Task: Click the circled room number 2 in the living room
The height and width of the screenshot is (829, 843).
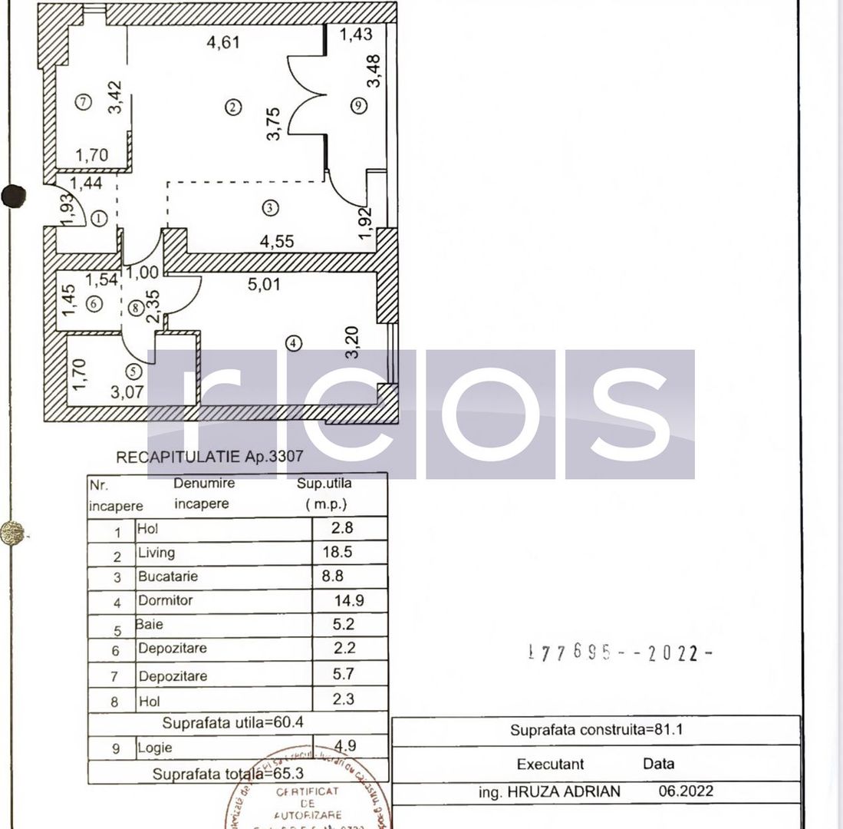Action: [x=233, y=107]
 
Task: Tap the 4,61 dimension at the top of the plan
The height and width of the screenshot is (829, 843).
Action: [x=223, y=42]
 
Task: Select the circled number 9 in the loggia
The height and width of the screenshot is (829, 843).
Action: [x=358, y=107]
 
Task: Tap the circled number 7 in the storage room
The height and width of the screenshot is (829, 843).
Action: [x=84, y=101]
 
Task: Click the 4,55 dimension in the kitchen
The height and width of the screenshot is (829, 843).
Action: [x=277, y=241]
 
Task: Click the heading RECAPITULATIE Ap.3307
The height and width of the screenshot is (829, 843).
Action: [x=209, y=457]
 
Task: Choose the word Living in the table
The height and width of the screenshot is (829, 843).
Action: [x=156, y=553]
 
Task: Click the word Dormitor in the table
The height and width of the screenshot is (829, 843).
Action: [x=165, y=600]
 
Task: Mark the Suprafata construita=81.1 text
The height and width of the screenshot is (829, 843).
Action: [x=596, y=730]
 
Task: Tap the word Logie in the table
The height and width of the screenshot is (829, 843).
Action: [x=155, y=748]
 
